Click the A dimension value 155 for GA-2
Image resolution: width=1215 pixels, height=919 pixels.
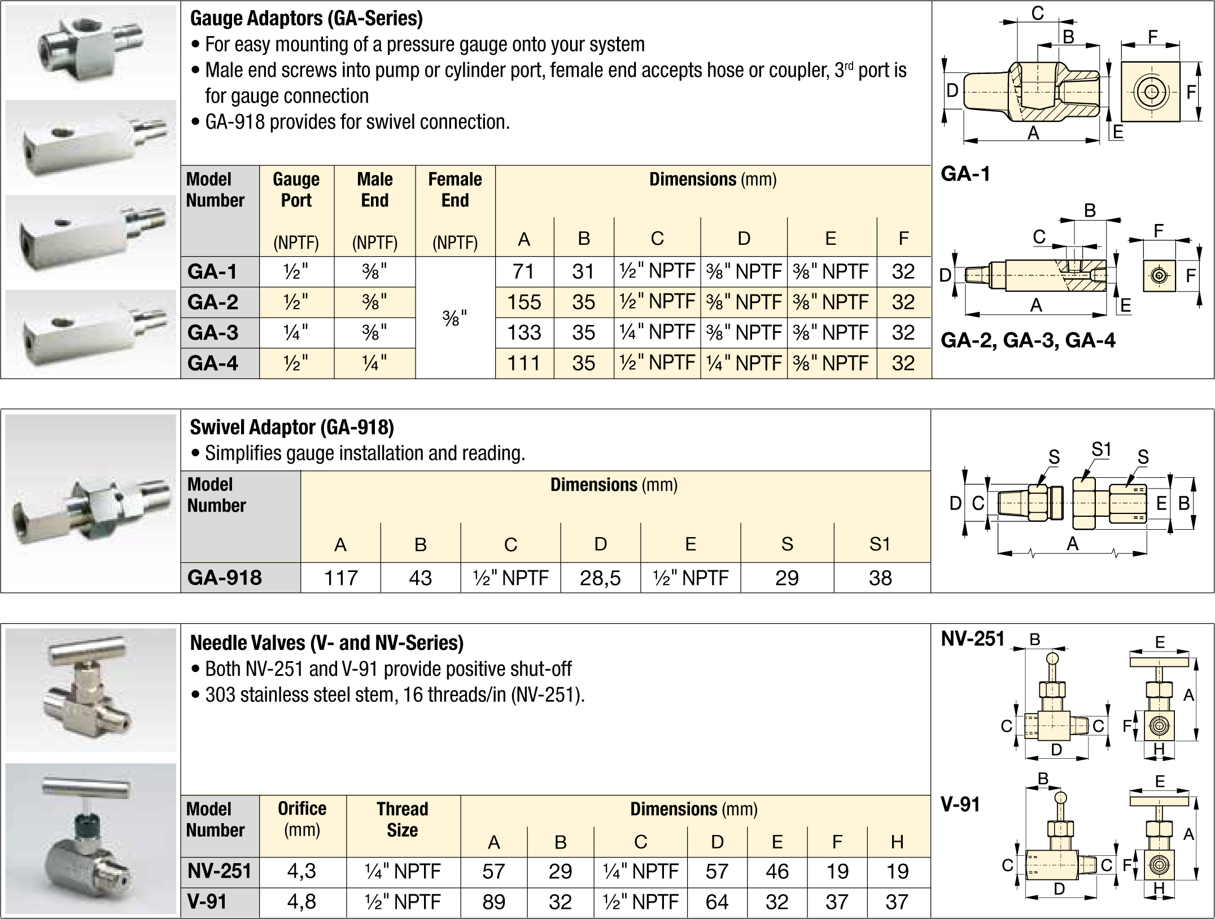coord(524,302)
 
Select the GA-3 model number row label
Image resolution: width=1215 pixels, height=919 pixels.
coord(213,333)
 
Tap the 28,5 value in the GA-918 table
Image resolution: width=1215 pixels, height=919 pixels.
coord(600,578)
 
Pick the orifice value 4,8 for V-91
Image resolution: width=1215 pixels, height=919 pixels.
coord(302,902)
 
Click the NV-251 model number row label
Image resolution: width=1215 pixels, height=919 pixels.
coord(219,871)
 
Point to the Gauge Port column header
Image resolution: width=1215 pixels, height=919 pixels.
coord(296,190)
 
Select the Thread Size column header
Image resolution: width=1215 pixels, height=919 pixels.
coord(403,819)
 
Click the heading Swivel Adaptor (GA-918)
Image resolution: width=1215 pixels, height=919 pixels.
coord(292,427)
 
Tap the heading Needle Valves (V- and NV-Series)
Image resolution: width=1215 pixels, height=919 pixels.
coord(327,643)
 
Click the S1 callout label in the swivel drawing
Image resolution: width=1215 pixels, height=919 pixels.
coord(1101,450)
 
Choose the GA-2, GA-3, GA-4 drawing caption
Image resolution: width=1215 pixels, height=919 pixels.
coord(1028,341)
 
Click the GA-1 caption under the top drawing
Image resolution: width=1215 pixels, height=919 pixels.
coord(965,174)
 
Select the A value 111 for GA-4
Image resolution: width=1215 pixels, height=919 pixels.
coord(524,363)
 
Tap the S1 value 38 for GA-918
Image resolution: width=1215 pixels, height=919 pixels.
coord(880,578)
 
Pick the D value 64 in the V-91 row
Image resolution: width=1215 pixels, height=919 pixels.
coord(717,902)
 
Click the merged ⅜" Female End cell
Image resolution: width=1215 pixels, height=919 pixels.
coord(454,318)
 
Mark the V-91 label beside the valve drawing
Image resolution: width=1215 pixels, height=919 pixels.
coord(960,804)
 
